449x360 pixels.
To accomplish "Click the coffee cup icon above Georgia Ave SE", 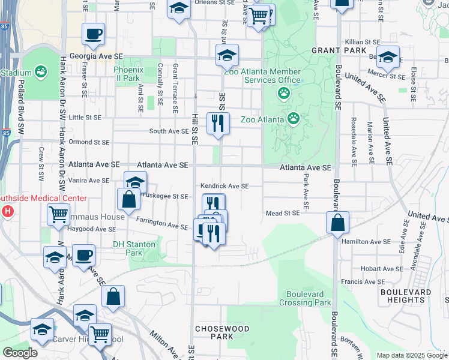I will (93, 34).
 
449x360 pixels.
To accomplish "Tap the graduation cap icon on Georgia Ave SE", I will (227, 55).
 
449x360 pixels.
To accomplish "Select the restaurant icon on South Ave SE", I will (218, 123).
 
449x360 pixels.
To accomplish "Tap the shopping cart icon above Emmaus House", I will (58, 214).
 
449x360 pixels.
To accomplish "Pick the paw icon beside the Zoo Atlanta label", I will (294, 118).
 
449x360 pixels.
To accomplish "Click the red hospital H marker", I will (8, 211).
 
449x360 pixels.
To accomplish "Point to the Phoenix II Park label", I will (127, 74).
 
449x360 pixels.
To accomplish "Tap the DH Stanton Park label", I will (134, 248).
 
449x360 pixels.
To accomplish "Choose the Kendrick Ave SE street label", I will (224, 186).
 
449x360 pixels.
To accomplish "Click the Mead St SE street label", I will (283, 213).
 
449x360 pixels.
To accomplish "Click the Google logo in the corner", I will (20, 353).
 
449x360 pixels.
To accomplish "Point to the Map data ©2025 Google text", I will (411, 355).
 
